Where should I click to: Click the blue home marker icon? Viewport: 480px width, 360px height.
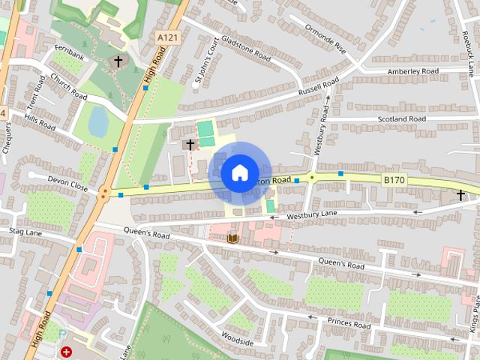[x=239, y=173]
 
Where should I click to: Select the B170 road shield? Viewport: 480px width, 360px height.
[x=394, y=180]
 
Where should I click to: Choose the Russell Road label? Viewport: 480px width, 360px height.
[x=319, y=88]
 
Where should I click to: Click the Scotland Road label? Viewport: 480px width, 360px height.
[x=402, y=119]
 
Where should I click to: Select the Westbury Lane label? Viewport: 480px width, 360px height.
[x=313, y=217]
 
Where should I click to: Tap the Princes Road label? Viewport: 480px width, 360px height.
[x=349, y=325]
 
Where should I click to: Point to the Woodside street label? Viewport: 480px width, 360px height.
[x=238, y=341]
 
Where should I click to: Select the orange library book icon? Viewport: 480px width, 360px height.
[x=232, y=238]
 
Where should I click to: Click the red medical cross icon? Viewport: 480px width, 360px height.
[x=67, y=351]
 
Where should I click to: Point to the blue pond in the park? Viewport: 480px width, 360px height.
[x=98, y=120]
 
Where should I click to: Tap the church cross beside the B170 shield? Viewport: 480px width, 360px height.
[x=460, y=195]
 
